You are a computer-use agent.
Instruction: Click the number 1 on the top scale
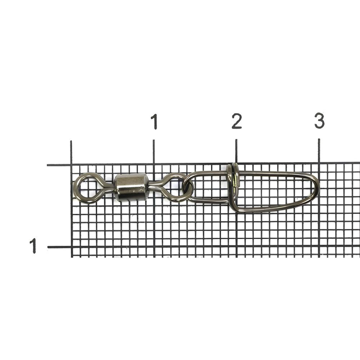154,121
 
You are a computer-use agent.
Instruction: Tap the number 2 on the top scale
237,121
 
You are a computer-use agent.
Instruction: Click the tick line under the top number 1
154,151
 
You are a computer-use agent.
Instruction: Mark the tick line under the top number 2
236,151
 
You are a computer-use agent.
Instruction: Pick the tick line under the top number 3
319,151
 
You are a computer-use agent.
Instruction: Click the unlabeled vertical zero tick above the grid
71,152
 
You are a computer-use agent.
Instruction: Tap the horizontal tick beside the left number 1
59,247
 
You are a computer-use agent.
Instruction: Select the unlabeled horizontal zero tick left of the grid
59,165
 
